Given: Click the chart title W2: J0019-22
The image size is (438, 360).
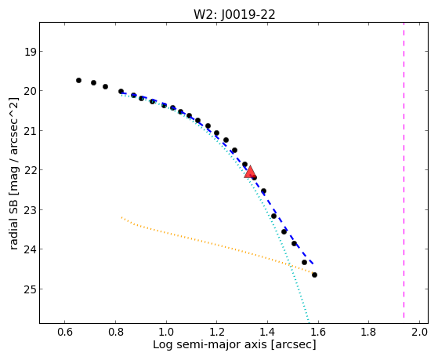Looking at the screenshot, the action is [234, 14].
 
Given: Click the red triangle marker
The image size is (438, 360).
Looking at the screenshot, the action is [250, 172].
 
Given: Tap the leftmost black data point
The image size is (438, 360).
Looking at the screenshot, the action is [79, 81].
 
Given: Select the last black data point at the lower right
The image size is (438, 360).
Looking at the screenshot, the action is [314, 275].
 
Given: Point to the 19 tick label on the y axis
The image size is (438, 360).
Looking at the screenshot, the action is [30, 52].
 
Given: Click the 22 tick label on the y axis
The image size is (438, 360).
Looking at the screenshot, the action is [30, 170].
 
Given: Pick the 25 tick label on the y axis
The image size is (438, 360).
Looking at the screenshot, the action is [30, 289].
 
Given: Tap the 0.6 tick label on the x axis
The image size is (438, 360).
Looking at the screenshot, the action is [65, 332].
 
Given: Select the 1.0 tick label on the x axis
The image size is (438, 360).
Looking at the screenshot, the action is [166, 332].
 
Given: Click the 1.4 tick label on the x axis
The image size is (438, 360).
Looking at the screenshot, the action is [267, 332].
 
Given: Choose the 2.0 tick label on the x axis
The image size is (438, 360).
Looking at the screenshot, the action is [420, 332].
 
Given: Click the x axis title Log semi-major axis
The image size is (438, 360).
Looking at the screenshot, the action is [209, 345].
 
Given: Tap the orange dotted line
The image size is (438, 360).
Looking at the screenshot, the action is [218, 245].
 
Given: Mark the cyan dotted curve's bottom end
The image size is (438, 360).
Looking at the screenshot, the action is [309, 322].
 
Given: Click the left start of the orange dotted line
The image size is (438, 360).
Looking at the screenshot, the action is [121, 217].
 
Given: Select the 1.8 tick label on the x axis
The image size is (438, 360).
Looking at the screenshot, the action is [369, 332].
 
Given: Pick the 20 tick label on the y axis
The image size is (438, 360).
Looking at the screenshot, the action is [30, 91].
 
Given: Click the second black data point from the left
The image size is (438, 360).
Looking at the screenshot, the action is [93, 83].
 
